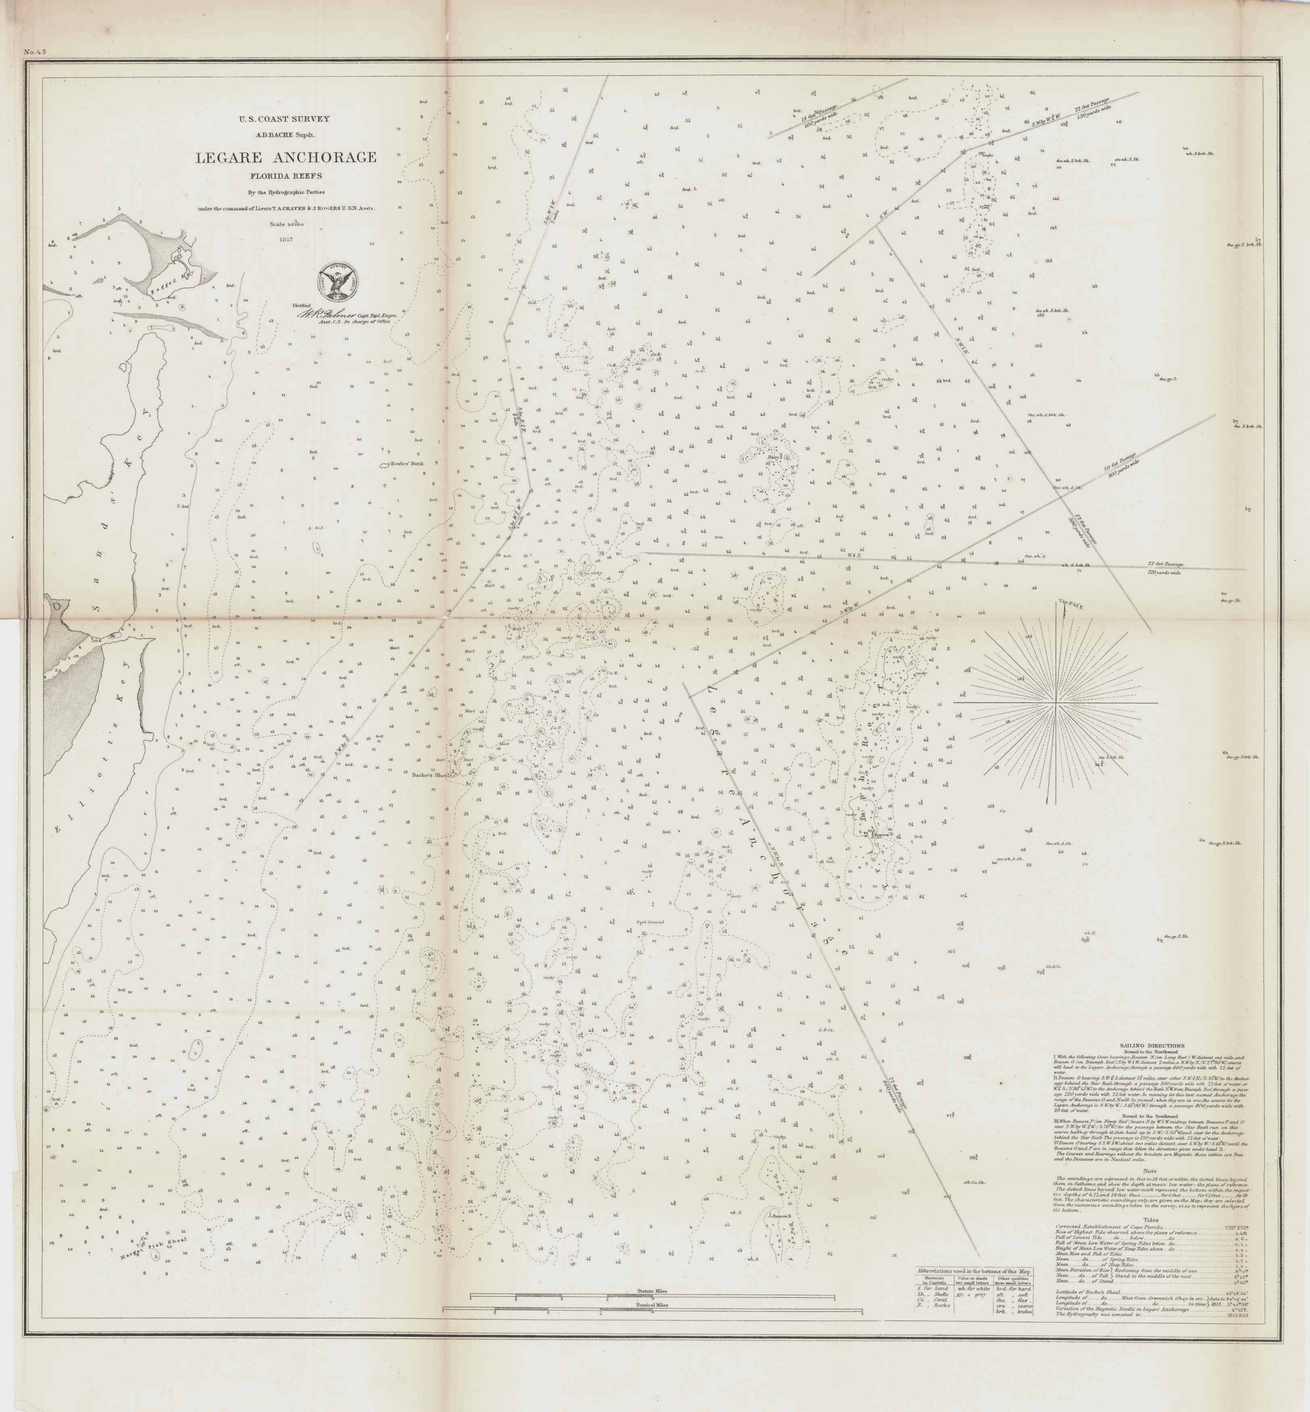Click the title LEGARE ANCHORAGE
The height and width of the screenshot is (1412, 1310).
click(286, 157)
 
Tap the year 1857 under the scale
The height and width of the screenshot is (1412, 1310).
click(286, 239)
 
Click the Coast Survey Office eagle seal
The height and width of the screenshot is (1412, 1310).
click(340, 281)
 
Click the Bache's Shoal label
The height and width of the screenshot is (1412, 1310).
click(431, 775)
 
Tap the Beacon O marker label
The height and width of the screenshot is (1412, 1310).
click(883, 835)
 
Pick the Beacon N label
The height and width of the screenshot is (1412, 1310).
click(780, 1216)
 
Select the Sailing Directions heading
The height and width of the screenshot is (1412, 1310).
click(1152, 1046)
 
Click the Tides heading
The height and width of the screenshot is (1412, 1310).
click(1151, 1220)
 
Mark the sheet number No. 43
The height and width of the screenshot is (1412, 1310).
click(34, 51)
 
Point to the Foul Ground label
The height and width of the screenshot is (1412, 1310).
click(649, 922)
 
